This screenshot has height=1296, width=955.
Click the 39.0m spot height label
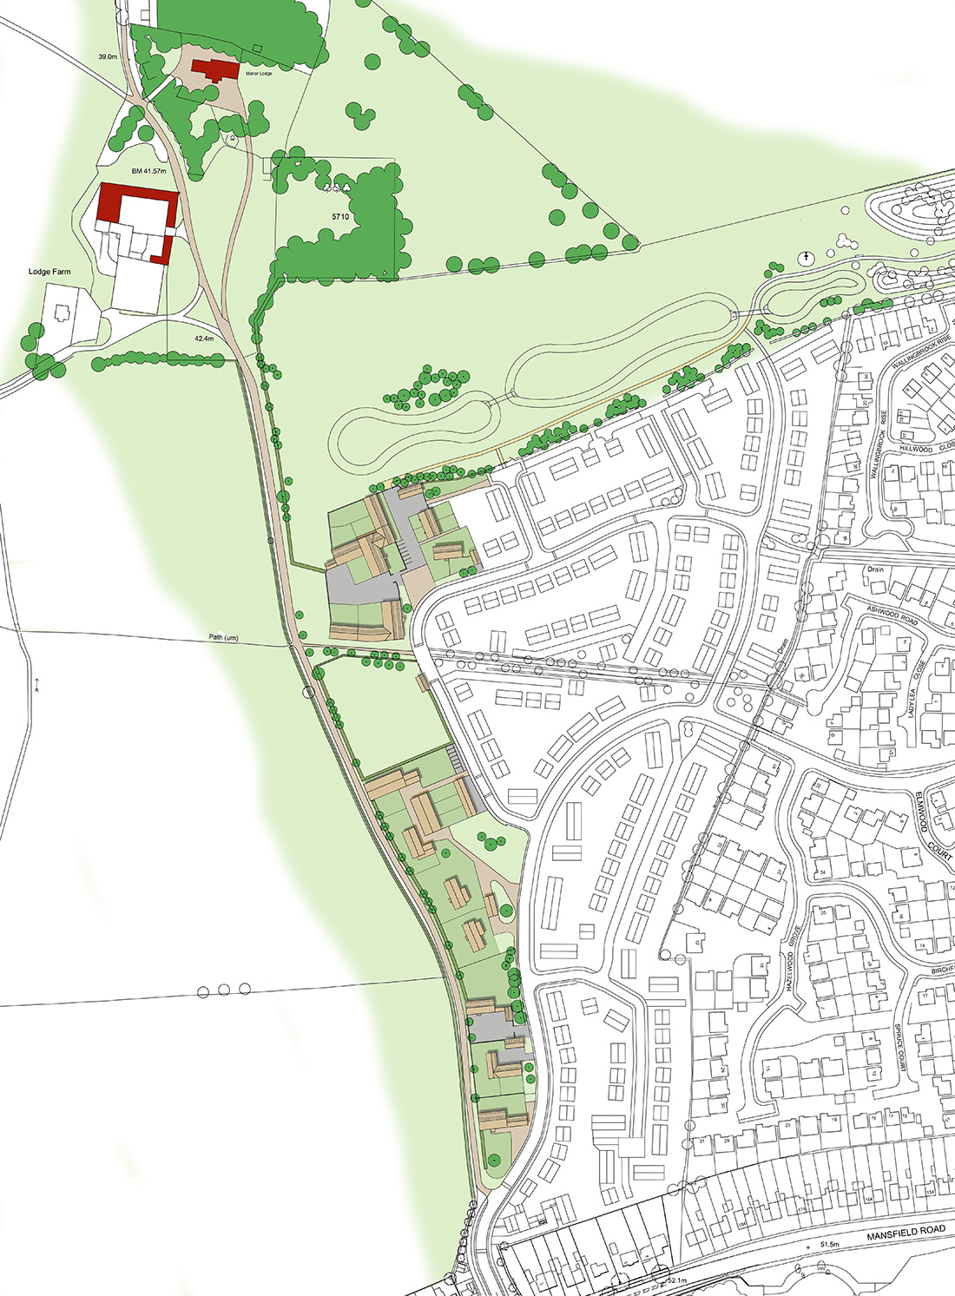tap(108, 56)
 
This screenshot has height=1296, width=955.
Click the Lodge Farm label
tap(49, 272)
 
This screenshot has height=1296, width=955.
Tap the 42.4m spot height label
tap(204, 339)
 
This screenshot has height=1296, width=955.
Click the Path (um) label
tap(223, 638)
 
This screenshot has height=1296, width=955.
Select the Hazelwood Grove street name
tap(791, 958)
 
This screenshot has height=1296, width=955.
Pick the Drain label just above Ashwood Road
tap(873, 570)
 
